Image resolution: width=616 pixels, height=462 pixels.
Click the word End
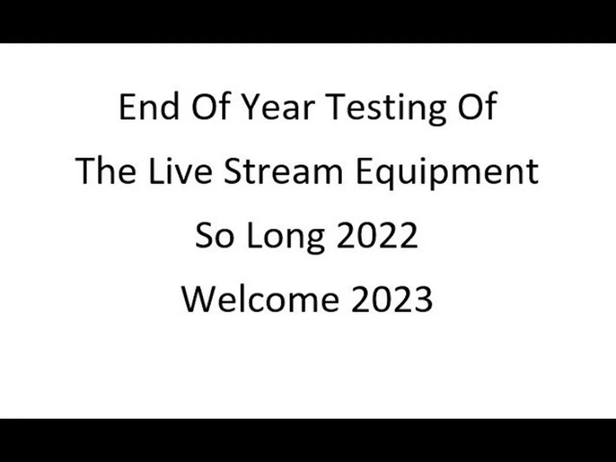tap(149, 107)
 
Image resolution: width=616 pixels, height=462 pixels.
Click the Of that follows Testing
tap(476, 107)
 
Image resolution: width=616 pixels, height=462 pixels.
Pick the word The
tap(106, 171)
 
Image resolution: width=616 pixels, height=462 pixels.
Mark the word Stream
tap(283, 171)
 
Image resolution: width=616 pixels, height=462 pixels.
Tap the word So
tap(214, 236)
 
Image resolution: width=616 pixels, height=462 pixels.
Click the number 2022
tap(377, 236)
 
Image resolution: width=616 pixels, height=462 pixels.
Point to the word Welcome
tap(260, 299)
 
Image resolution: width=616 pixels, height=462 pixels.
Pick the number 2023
tap(392, 299)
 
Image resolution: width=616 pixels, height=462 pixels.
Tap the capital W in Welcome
tap(197, 299)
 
